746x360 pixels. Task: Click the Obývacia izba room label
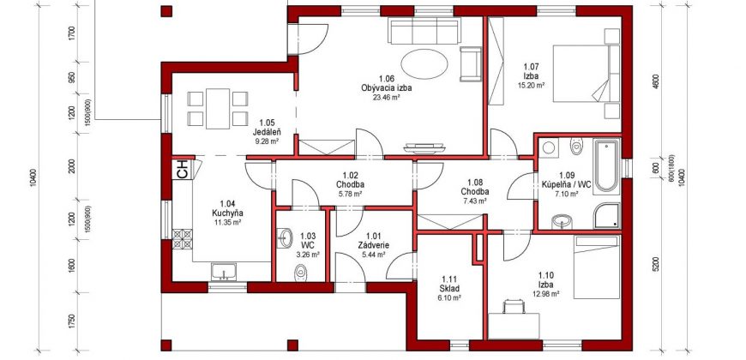386,88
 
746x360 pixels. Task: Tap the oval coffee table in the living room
424,64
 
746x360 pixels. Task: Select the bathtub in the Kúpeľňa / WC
606,165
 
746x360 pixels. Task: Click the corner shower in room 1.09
606,216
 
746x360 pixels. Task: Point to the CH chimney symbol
183,170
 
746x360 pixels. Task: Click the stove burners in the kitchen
183,239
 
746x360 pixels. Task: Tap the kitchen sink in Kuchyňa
224,272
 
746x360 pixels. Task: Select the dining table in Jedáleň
218,108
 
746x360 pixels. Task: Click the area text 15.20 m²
531,86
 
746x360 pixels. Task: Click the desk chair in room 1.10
514,307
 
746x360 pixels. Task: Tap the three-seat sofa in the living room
424,31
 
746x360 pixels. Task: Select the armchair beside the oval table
471,63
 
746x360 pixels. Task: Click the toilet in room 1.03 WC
300,272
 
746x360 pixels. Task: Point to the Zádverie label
374,245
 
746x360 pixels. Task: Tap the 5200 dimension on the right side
657,264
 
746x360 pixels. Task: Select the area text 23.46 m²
386,97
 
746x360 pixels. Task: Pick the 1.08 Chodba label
475,186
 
